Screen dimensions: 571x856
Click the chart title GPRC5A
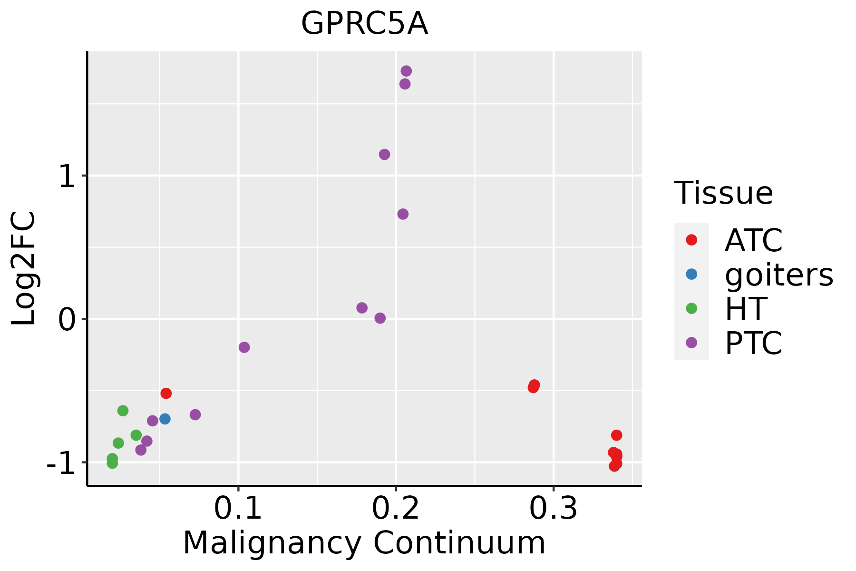coord(365,24)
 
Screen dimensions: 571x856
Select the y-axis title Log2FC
coord(24,269)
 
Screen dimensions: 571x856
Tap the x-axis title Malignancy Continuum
coord(364,543)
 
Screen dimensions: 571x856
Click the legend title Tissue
coord(724,193)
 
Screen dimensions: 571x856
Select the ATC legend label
coord(753,240)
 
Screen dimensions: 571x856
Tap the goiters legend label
coord(779,275)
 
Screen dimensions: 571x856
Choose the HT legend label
coord(746,309)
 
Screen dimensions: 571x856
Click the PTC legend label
coord(753,343)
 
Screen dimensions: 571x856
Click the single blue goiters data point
coord(165,419)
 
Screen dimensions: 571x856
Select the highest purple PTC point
coord(406,71)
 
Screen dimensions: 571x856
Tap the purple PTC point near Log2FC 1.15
coord(385,155)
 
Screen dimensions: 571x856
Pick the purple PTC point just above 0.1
coord(244,347)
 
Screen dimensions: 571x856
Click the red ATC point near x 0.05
coord(166,394)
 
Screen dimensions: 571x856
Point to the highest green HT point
coord(123,411)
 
